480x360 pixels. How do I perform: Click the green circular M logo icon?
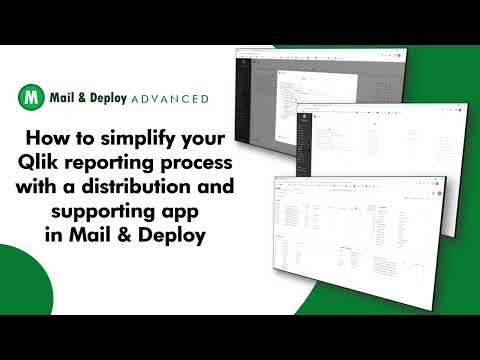coord(31,98)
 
